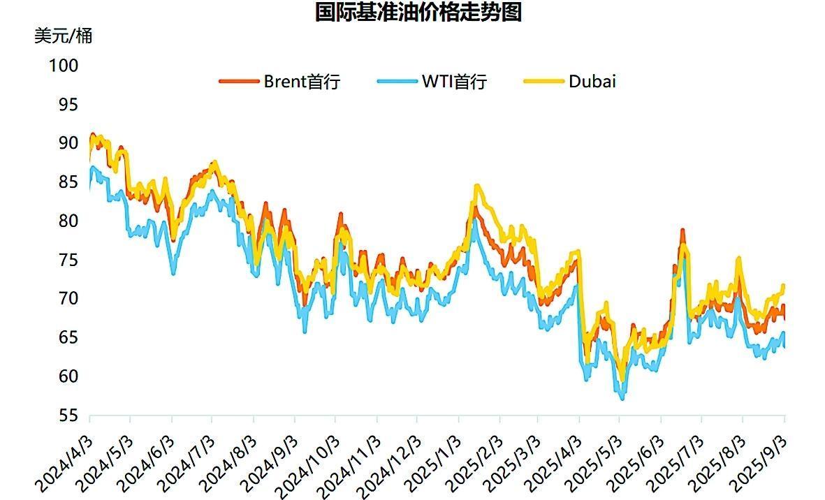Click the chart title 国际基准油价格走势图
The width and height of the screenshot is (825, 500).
click(418, 13)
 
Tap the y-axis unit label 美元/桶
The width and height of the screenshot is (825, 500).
click(63, 36)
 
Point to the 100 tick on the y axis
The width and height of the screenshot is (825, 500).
click(64, 66)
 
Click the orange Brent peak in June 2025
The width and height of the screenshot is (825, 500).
click(682, 231)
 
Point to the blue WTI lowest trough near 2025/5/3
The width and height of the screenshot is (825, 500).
click(622, 397)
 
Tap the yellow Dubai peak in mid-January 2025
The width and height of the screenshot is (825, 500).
click(477, 186)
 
